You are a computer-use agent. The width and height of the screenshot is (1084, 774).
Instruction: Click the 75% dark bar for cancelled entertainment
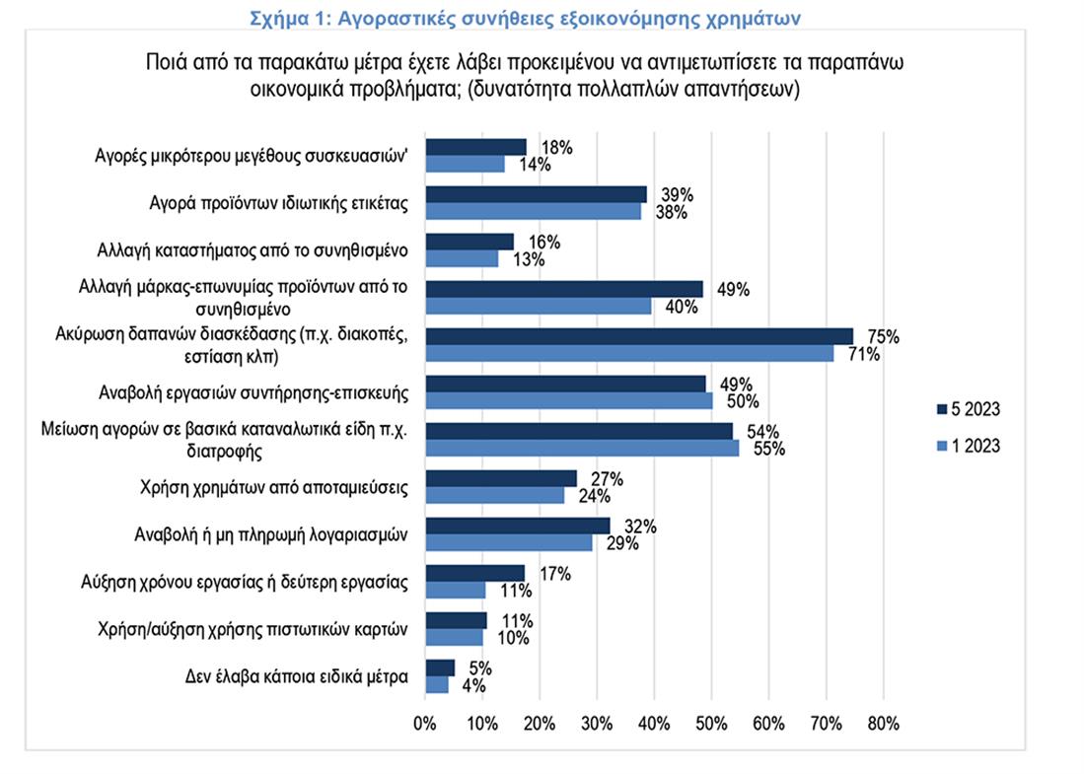tap(638, 335)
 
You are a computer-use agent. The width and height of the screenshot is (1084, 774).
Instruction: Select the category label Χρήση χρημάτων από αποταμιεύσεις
tap(275, 486)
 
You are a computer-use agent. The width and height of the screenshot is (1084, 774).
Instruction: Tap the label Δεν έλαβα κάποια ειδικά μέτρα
tap(297, 676)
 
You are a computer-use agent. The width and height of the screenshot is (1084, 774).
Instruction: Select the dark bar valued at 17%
tap(474, 573)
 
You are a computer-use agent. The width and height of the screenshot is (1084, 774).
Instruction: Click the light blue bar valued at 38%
tap(533, 210)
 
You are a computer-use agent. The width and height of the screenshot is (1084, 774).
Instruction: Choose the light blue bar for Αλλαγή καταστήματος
tap(462, 258)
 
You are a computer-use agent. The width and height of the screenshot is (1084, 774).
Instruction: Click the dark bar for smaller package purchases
tap(475, 147)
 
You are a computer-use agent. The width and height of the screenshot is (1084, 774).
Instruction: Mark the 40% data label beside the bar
tap(682, 307)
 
